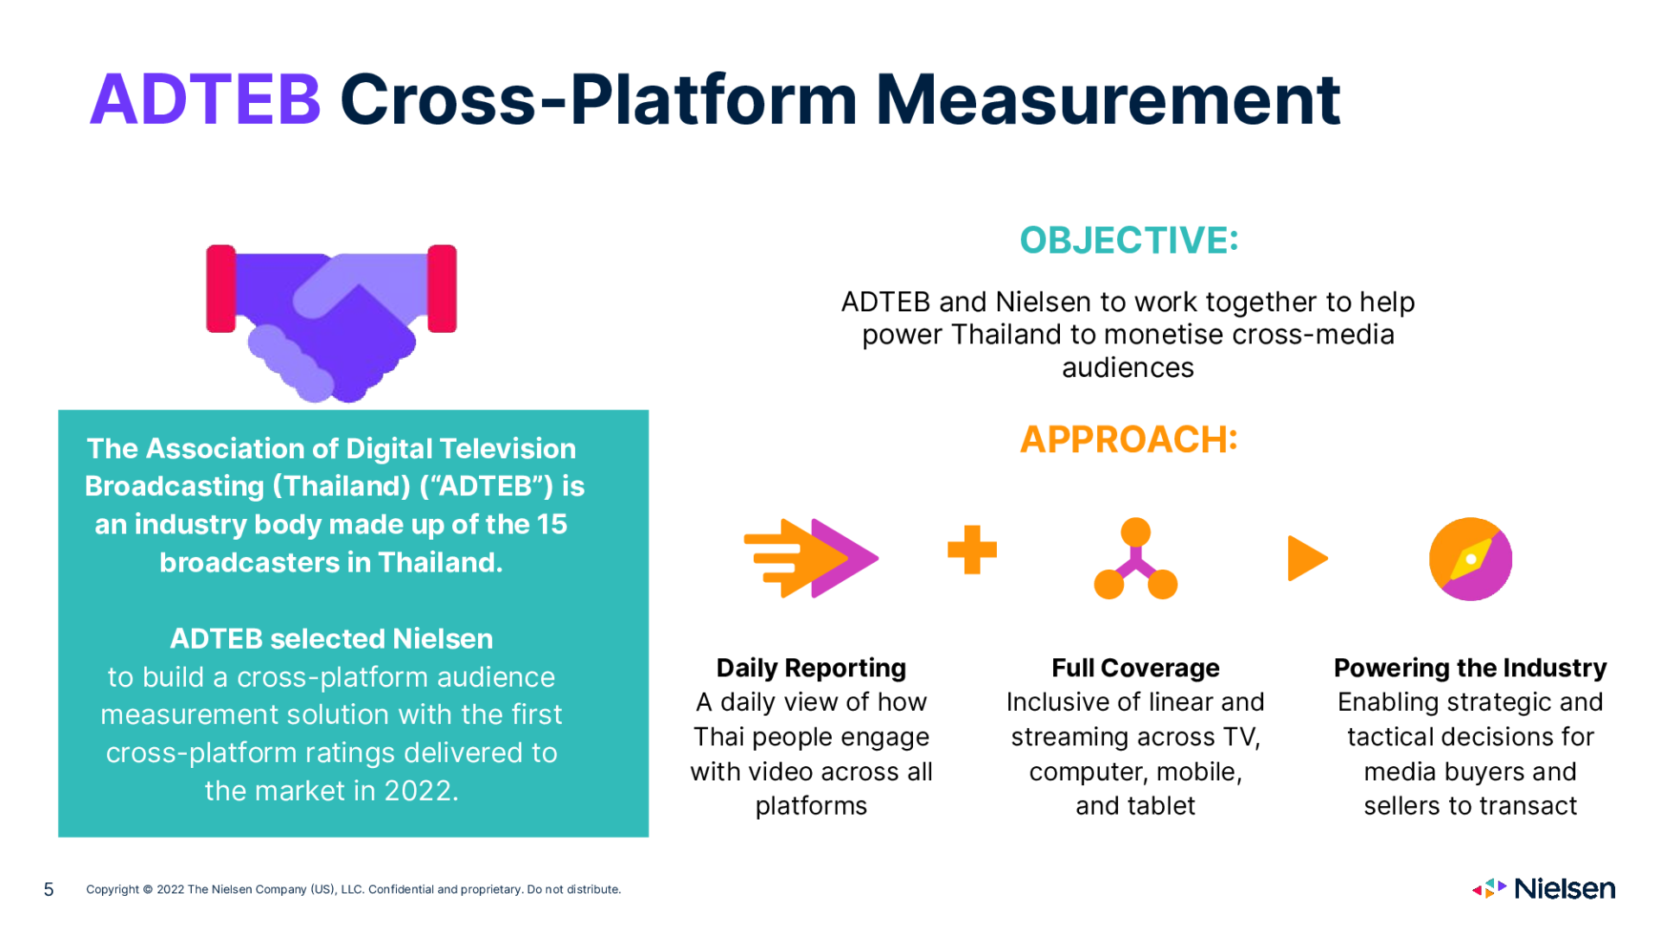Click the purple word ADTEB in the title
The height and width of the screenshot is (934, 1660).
click(206, 100)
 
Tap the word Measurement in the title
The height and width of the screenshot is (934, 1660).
click(1108, 100)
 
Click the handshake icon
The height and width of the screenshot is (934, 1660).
click(331, 323)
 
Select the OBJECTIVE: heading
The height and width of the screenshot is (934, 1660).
click(1128, 240)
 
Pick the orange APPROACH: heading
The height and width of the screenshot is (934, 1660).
click(1128, 439)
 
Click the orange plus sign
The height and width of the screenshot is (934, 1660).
click(972, 549)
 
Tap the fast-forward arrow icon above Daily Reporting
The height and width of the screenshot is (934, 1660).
click(811, 558)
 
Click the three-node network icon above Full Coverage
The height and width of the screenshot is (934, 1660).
click(1135, 559)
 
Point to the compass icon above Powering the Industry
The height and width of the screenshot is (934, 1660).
click(1471, 559)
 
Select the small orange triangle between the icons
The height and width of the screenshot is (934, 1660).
click(1306, 558)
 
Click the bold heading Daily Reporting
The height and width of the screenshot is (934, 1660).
click(811, 668)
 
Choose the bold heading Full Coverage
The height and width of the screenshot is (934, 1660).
click(1135, 668)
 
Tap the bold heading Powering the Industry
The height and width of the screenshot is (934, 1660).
click(1470, 668)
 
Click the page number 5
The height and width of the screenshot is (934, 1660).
click(48, 889)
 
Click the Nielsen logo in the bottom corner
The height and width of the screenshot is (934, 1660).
click(1543, 888)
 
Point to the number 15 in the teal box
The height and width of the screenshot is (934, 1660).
click(551, 524)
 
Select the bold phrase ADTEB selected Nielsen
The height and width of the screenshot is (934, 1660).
click(331, 638)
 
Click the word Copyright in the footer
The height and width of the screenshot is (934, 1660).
click(112, 889)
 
